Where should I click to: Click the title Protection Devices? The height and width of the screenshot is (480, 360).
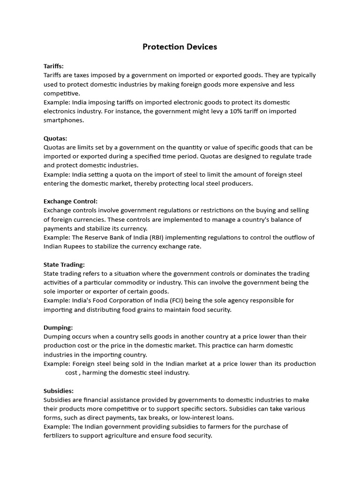tap(180, 47)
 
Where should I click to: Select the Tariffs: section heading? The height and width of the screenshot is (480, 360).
tap(53, 66)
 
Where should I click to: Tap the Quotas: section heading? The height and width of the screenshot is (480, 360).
tap(55, 138)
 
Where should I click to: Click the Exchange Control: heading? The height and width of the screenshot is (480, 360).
tap(70, 201)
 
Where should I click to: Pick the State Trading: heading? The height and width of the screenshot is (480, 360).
tap(64, 264)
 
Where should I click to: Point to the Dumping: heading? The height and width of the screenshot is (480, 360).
tap(58, 328)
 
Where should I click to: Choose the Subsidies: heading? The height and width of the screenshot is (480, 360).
tap(59, 390)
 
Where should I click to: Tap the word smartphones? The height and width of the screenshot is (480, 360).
tap(64, 120)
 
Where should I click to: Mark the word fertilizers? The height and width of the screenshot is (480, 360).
tap(59, 435)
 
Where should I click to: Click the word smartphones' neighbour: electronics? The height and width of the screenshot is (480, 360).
tap(60, 111)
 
